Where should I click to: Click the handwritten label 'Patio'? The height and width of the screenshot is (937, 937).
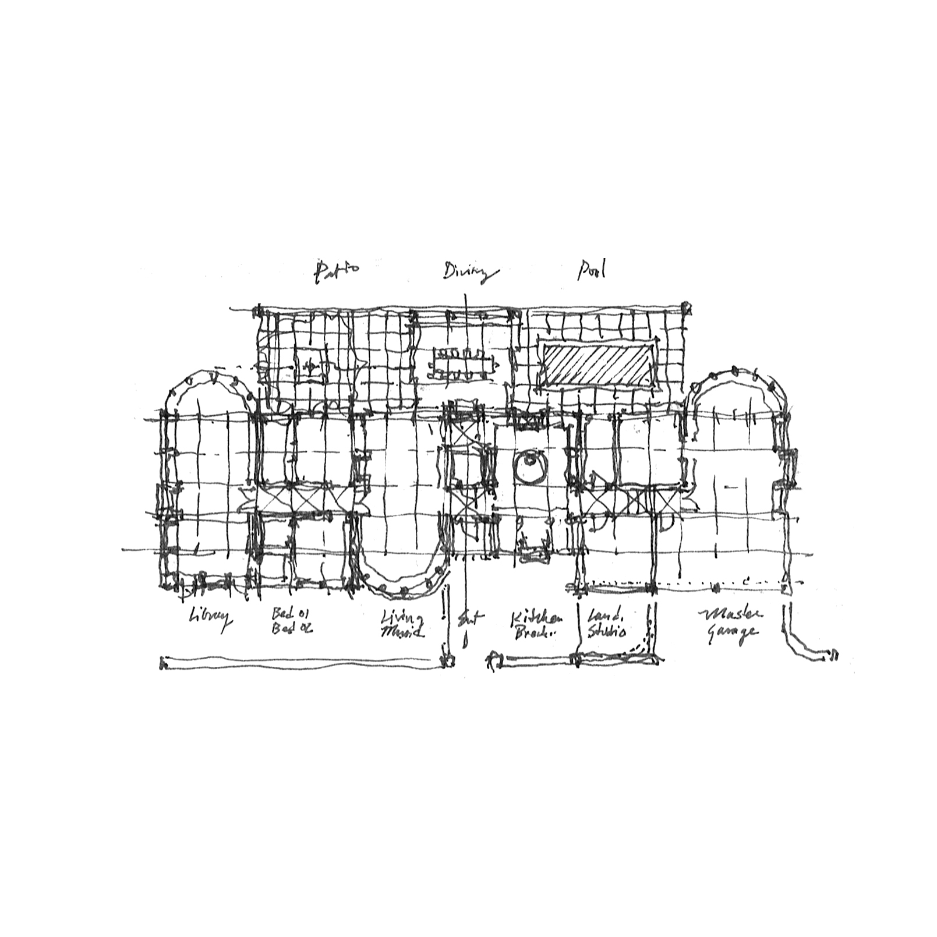pyautogui.click(x=337, y=271)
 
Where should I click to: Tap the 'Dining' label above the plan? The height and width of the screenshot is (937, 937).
pyautogui.click(x=470, y=273)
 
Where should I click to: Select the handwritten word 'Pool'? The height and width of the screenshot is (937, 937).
pyautogui.click(x=592, y=270)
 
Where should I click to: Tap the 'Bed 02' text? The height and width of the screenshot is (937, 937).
pyautogui.click(x=291, y=629)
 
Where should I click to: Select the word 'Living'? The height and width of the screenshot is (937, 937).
pyautogui.click(x=402, y=618)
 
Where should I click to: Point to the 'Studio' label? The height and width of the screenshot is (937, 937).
pyautogui.click(x=606, y=631)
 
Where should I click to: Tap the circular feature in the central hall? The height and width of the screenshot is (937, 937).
pyautogui.click(x=529, y=464)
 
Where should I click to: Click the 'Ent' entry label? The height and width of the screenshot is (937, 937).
pyautogui.click(x=468, y=619)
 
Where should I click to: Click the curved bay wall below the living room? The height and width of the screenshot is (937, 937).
pyautogui.click(x=402, y=585)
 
